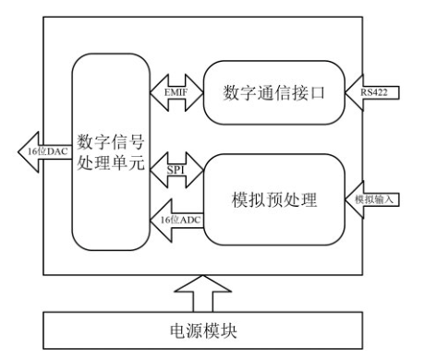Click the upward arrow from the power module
click(x=210, y=294)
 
